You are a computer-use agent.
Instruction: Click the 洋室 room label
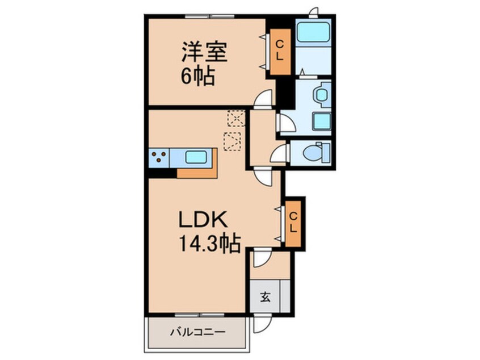click(204, 53)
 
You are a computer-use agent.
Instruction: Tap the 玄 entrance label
click(265, 296)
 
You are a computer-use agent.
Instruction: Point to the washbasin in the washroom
click(322, 94)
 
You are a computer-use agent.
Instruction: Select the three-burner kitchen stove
click(159, 157)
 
